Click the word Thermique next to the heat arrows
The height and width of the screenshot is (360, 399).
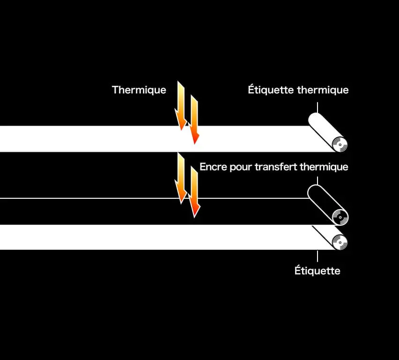(x=139, y=90)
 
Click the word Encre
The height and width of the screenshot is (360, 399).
(x=213, y=167)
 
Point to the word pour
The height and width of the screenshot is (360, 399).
(x=241, y=168)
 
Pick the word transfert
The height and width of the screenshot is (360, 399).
(x=276, y=166)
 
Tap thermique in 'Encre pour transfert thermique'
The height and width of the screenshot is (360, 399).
(x=324, y=167)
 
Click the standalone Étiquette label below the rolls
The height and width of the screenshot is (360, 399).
(x=318, y=270)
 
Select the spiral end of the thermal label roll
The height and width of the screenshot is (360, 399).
(x=340, y=144)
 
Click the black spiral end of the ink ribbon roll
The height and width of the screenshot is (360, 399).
(x=340, y=217)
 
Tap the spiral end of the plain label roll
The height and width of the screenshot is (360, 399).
(x=340, y=242)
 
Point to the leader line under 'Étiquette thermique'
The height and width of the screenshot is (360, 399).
(x=318, y=107)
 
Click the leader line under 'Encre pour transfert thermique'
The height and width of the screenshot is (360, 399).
(x=318, y=180)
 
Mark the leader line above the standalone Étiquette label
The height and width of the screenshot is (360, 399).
(x=318, y=256)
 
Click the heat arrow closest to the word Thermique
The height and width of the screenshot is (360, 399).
(x=180, y=106)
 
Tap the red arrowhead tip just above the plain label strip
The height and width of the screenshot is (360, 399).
(x=194, y=217)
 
